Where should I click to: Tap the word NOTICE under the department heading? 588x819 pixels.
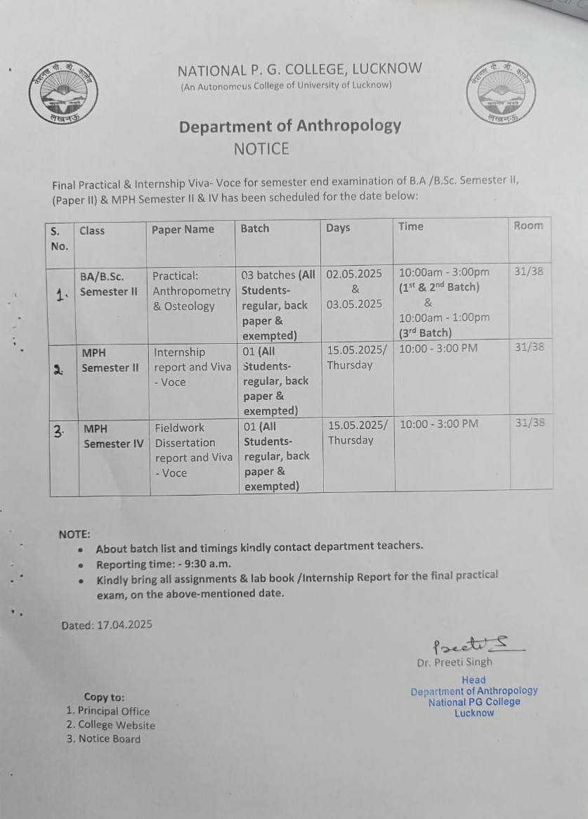coord(261,148)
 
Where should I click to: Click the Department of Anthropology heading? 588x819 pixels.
coord(289,127)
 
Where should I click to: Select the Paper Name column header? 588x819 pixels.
coord(183,229)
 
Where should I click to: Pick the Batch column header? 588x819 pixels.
coord(254,228)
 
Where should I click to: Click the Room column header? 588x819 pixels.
coord(528,226)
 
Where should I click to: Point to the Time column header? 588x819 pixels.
coord(411,226)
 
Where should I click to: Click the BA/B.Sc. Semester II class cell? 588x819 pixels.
coord(108,284)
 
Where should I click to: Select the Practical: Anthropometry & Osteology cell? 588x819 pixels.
coord(191,291)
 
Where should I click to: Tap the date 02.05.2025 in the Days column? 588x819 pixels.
coord(354,273)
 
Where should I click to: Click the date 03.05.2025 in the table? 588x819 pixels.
coord(354,304)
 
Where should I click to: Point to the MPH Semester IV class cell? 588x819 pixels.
coord(112,436)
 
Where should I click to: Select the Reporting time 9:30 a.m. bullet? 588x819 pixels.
coord(163,564)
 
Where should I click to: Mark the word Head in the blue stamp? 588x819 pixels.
coord(473,680)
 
